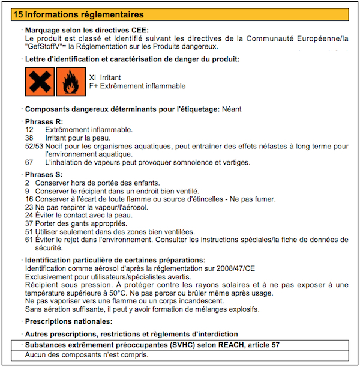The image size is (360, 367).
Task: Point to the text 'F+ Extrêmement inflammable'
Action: [137, 86]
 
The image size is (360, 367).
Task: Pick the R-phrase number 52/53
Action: [34, 146]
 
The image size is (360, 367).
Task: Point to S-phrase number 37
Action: [29, 223]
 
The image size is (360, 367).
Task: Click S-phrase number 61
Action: [29, 240]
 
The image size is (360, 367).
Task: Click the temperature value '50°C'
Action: [122, 293]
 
